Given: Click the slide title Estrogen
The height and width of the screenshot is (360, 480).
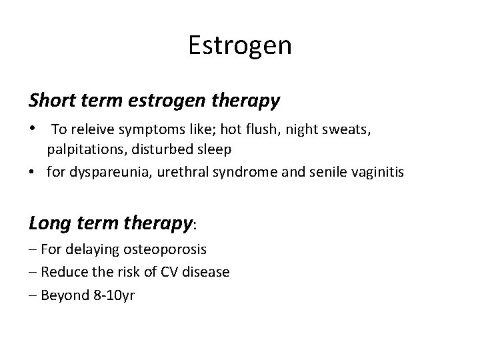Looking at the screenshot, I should (240, 46).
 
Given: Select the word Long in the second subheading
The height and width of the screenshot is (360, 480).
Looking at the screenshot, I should (51, 223).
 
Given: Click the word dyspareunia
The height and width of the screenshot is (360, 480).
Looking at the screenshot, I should (103, 173).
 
